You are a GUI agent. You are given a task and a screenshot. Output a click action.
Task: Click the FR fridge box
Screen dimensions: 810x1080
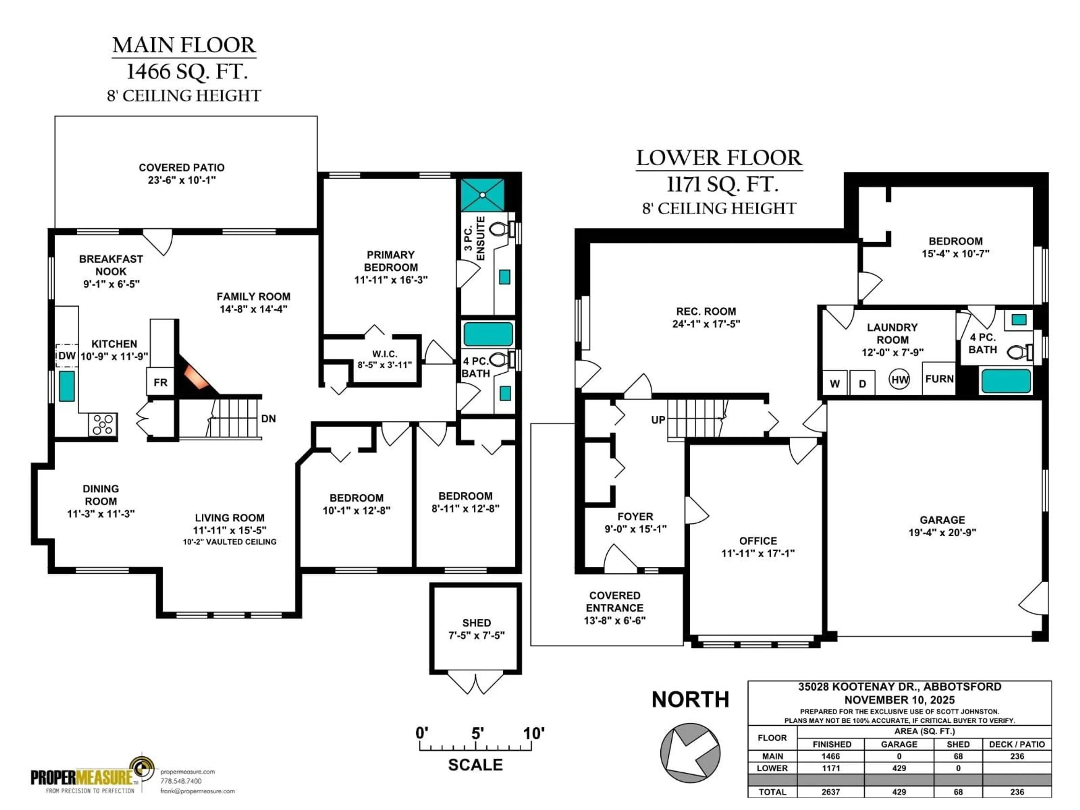click(x=160, y=382)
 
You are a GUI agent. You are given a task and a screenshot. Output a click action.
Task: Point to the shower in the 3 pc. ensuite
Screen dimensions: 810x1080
click(x=482, y=195)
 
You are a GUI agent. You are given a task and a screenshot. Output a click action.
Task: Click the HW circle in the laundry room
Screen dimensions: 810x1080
click(x=899, y=379)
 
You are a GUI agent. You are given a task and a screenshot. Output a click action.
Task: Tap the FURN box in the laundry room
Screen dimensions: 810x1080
click(x=939, y=379)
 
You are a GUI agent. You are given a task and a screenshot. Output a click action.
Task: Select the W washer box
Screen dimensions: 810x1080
click(x=835, y=383)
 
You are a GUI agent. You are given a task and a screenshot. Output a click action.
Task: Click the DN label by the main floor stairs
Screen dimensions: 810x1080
click(x=269, y=419)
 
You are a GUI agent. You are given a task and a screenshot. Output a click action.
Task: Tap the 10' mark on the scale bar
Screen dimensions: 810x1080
click(x=533, y=733)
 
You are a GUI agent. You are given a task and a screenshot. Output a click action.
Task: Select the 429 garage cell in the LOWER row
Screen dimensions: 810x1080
click(x=899, y=768)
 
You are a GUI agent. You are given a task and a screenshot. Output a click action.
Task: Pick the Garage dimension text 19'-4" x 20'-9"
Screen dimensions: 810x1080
click(x=942, y=533)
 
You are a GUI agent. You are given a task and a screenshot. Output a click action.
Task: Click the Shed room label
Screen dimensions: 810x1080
click(x=476, y=623)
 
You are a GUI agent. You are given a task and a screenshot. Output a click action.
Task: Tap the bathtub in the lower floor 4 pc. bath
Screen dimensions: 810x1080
click(x=1006, y=381)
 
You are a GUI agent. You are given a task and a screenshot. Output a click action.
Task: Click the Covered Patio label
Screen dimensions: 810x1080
click(x=182, y=167)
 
